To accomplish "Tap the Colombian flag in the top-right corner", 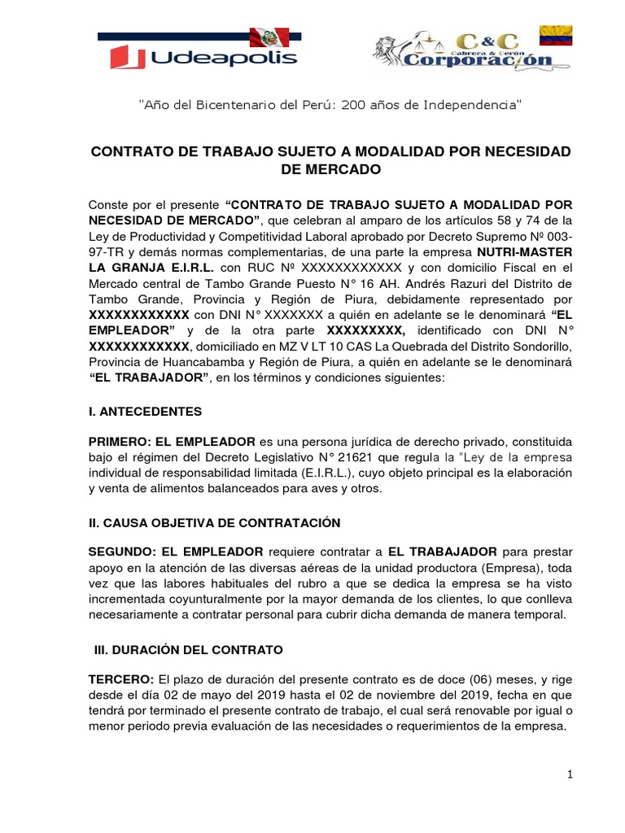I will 556,35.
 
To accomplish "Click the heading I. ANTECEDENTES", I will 145,412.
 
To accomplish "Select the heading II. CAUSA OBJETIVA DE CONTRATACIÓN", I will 214,522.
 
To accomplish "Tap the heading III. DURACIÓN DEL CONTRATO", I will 187,650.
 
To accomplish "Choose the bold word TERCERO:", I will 120,679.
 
